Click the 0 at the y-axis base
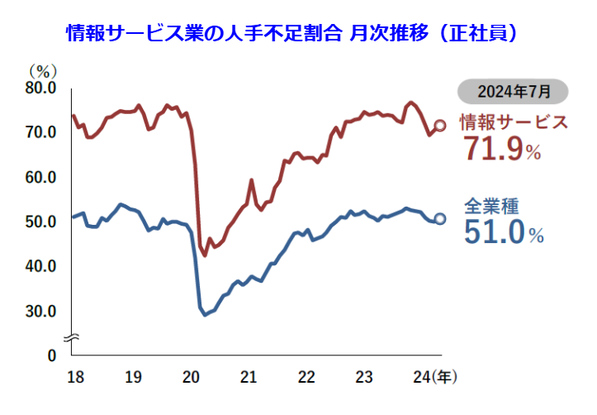[51, 355]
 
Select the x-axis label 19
[132, 377]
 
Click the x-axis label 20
[191, 377]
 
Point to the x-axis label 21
[249, 377]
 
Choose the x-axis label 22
[307, 377]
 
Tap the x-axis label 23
[365, 377]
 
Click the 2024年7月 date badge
[512, 89]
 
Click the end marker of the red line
[440, 126]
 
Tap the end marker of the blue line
[440, 218]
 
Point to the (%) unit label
[40, 71]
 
